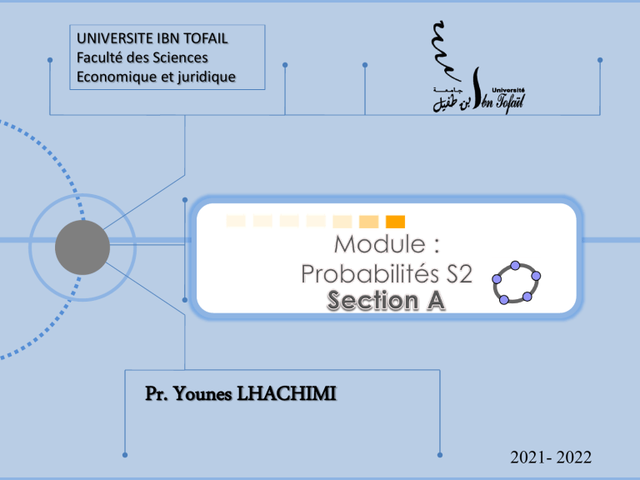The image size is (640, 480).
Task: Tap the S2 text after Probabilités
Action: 458,273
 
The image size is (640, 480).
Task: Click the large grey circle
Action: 82,247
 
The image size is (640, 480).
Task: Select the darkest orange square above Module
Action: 396,221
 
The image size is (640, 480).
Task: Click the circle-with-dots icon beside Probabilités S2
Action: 515,282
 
